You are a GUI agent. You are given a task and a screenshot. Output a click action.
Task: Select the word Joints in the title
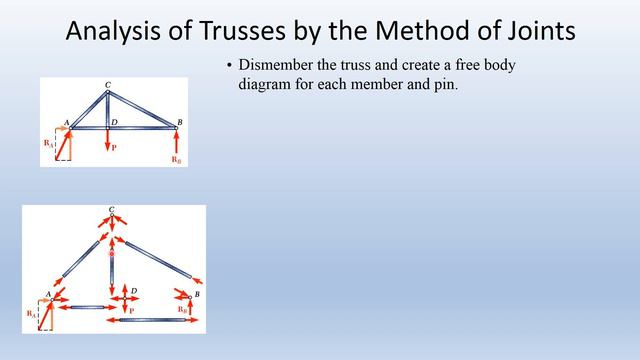point(536,32)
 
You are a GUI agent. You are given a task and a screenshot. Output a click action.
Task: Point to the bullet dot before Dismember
point(229,67)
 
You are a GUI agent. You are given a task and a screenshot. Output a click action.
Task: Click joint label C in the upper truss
point(108,83)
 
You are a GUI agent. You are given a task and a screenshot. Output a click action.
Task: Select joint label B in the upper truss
point(178,121)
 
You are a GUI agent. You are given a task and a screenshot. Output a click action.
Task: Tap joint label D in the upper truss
point(116,121)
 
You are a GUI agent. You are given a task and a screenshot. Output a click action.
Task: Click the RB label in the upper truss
point(176,159)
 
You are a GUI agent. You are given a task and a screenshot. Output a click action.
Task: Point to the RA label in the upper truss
point(47,144)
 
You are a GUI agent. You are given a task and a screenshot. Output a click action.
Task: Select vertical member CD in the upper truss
point(108,109)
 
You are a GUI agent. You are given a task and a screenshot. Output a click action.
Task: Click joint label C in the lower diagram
point(112,210)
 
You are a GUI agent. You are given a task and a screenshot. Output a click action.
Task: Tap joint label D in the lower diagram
point(134,290)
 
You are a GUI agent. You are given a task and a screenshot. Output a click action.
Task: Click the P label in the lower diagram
point(130,311)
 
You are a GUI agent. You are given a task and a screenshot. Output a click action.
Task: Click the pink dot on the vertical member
point(111,254)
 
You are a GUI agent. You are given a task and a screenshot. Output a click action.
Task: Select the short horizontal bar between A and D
point(84,307)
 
